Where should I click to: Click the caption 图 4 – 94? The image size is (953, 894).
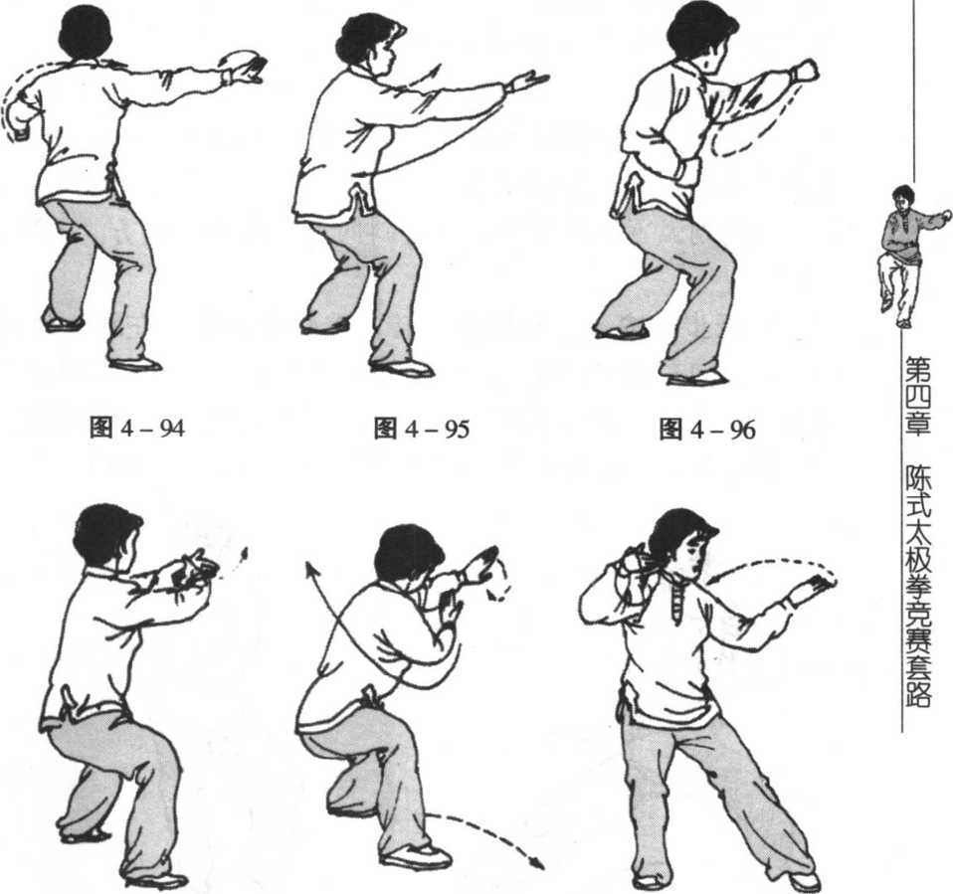click(136, 429)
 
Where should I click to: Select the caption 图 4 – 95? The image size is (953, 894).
click(421, 429)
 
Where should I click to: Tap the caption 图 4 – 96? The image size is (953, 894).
click(707, 429)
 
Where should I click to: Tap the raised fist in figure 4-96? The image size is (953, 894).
click(804, 71)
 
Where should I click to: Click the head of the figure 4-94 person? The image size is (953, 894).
click(86, 31)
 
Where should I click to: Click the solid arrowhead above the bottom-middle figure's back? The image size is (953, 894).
click(311, 570)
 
